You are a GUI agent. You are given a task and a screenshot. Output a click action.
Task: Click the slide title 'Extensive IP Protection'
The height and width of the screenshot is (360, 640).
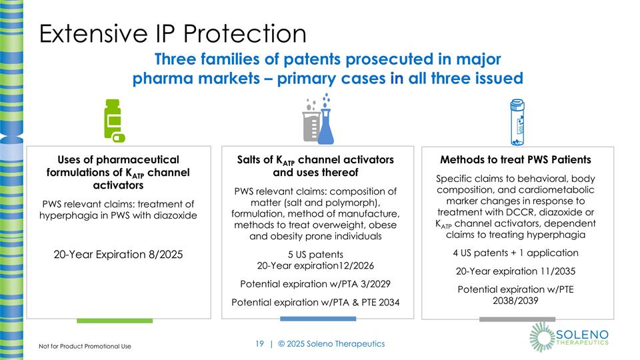(x=172, y=34)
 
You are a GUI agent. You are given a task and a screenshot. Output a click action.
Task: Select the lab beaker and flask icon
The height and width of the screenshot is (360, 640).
(x=317, y=120)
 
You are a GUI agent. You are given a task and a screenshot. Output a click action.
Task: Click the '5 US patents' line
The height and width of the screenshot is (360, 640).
(x=316, y=255)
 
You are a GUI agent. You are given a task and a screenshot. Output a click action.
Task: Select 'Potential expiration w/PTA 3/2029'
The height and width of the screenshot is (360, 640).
(x=316, y=284)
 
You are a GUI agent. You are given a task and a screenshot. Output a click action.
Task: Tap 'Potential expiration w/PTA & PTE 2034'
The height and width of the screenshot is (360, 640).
(x=316, y=302)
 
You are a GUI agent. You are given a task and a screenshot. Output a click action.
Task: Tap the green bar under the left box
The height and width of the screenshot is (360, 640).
(x=115, y=321)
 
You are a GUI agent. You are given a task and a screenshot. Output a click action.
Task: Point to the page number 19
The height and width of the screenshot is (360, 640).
(x=260, y=344)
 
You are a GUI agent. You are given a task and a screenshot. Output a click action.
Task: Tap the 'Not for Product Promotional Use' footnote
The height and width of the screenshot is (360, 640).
(x=84, y=347)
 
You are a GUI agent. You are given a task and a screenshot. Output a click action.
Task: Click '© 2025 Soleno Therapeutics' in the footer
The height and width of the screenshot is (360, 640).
(x=331, y=344)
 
